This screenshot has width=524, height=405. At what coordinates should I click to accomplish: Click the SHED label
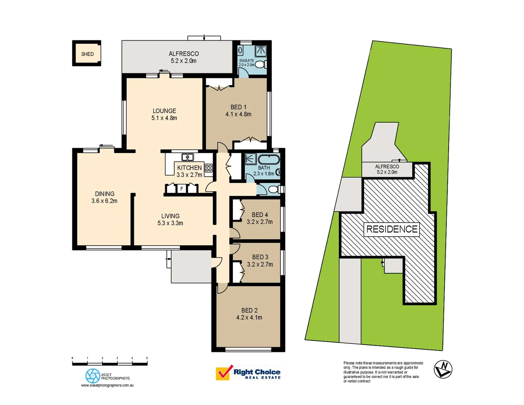[87, 54]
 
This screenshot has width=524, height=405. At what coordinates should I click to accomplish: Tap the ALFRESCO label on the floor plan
[184, 54]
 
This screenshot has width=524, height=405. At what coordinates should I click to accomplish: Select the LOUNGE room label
[164, 111]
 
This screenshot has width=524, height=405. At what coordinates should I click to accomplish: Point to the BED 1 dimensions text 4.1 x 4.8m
[238, 114]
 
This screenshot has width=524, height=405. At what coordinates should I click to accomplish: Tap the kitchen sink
[187, 157]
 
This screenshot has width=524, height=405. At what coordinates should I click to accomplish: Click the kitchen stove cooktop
[208, 168]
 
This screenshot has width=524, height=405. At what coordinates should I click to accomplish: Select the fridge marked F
[182, 189]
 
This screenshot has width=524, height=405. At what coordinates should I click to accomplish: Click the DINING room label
[105, 194]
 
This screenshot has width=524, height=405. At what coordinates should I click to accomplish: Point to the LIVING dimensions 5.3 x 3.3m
[170, 223]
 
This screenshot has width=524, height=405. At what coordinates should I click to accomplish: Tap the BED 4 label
[260, 215]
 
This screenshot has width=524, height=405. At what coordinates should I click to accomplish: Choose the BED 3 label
[260, 257]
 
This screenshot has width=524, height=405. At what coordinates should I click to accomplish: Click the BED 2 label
[249, 310]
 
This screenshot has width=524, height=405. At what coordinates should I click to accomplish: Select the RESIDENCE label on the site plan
[392, 229]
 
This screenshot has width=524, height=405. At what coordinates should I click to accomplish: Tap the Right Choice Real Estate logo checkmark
[224, 373]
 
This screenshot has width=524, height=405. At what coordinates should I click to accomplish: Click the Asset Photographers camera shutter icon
[93, 376]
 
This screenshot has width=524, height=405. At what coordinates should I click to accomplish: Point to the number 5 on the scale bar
[147, 358]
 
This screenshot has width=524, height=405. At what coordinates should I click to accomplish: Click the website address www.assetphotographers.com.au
[108, 385]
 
